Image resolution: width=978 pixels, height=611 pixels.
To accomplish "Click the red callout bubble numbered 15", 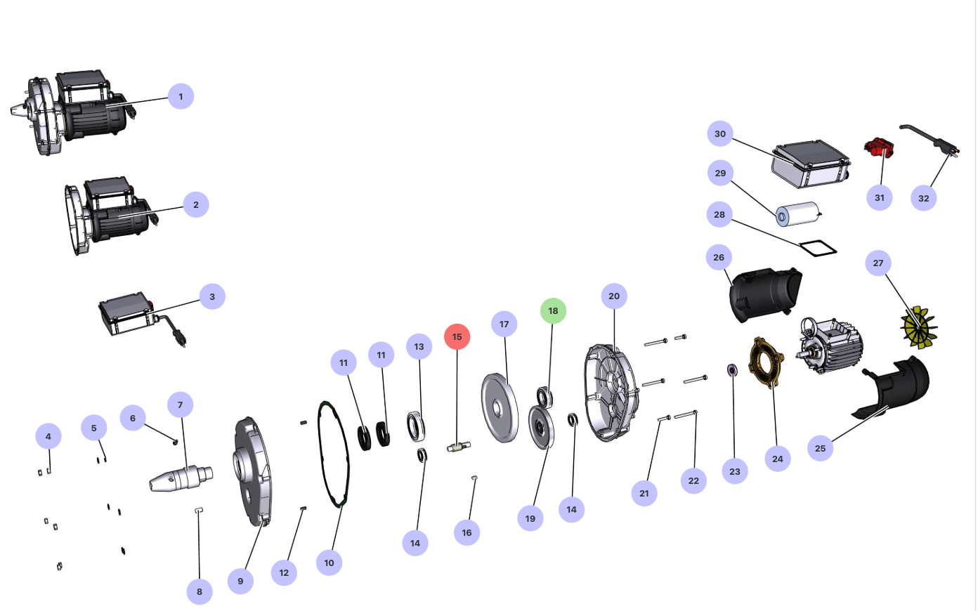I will pos(457,337).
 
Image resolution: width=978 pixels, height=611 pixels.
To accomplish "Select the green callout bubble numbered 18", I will pos(553,311).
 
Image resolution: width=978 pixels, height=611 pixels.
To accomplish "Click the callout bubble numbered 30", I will pos(720,134).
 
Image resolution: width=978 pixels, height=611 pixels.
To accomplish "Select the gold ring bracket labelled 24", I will pos(767,362).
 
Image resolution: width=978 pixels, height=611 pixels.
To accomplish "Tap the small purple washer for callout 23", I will pos(731,369).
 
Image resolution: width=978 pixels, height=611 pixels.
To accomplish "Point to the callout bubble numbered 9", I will pos(240,581).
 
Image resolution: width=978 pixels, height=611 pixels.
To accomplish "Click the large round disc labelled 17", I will pos(499,408).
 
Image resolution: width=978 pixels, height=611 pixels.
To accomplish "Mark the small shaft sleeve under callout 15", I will pos(459,446).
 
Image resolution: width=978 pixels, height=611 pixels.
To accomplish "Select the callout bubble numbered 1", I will pos(181,97).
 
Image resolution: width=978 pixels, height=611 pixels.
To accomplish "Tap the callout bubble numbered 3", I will pos(212,297).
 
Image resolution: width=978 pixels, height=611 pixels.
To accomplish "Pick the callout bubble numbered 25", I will pos(821,449).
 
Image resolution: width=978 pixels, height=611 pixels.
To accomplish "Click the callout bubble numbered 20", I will pos(614,296).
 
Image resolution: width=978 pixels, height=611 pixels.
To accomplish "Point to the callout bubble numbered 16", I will pos(467,533).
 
